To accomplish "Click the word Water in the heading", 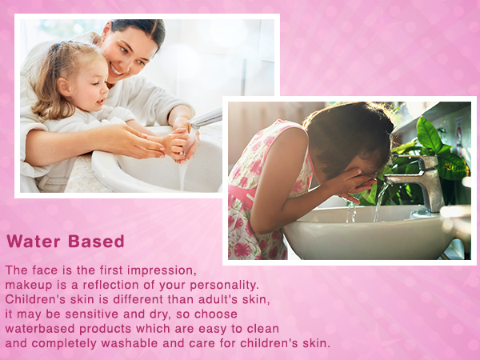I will [34, 242].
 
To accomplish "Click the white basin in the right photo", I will [368, 236].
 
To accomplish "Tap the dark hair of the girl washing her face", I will [352, 132].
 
